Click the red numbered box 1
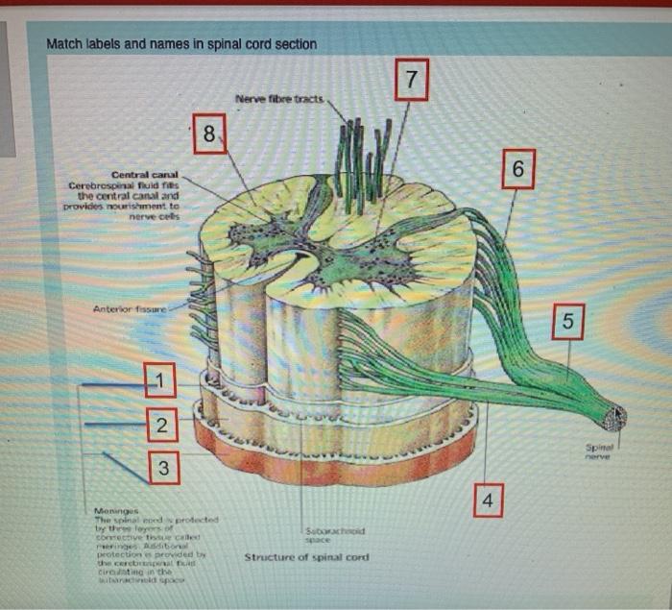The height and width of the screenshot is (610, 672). [161, 381]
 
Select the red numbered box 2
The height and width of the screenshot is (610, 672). [161, 424]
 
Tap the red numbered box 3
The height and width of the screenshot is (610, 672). [162, 469]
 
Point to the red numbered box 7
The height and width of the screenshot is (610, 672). [411, 81]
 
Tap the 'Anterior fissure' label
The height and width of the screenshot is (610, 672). [130, 309]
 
